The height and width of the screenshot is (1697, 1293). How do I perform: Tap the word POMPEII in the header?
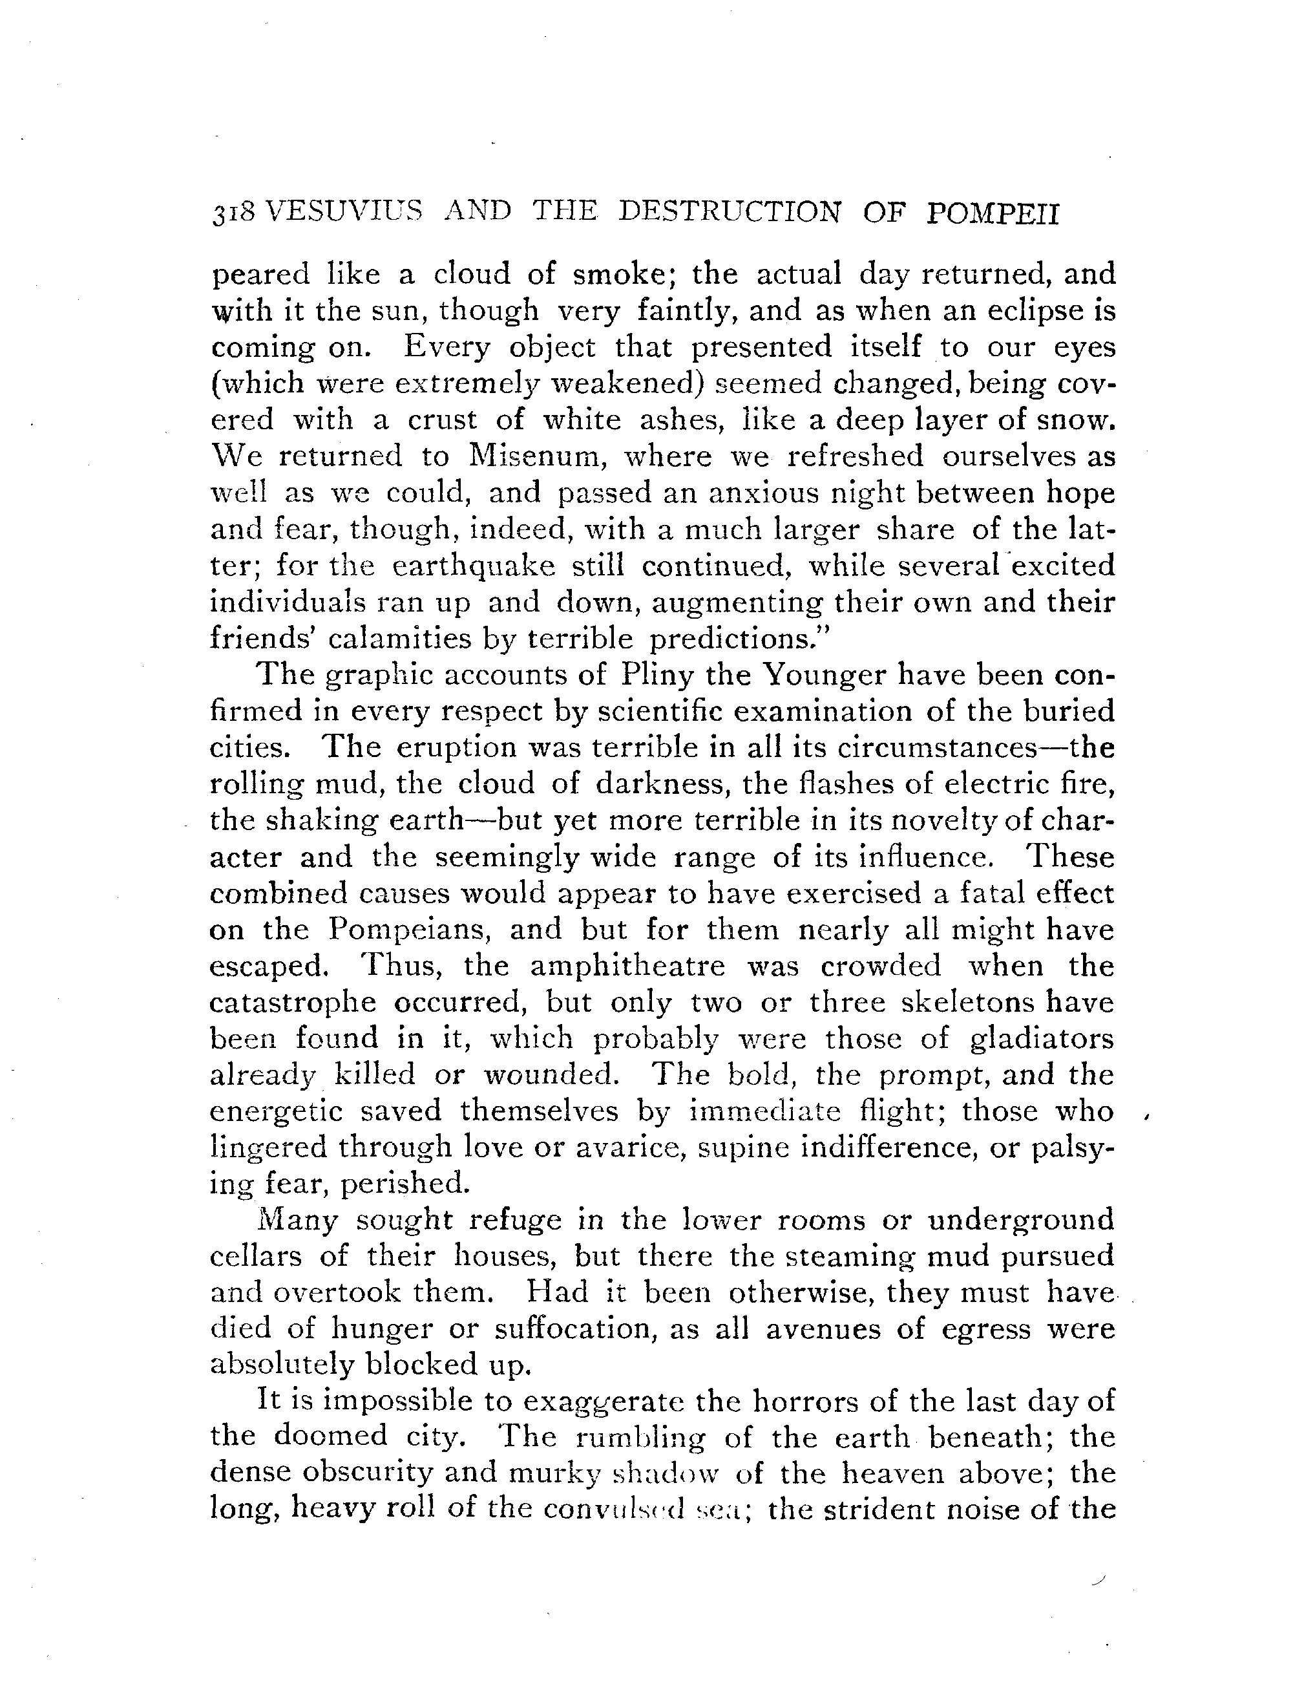(x=993, y=213)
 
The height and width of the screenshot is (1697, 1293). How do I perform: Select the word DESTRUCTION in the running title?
(x=729, y=212)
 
